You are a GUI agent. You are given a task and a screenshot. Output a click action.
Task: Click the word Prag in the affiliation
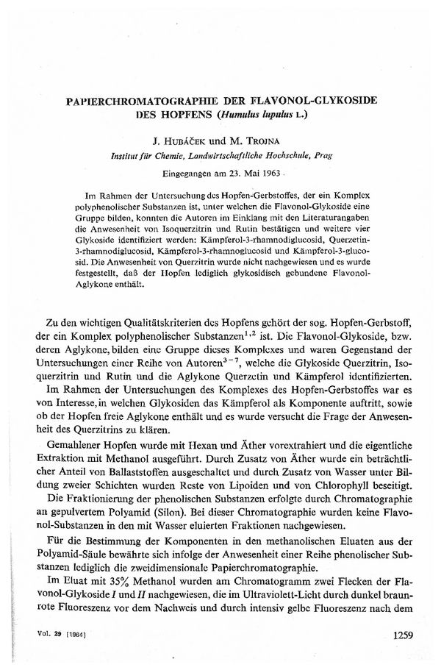pyautogui.click(x=323, y=156)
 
